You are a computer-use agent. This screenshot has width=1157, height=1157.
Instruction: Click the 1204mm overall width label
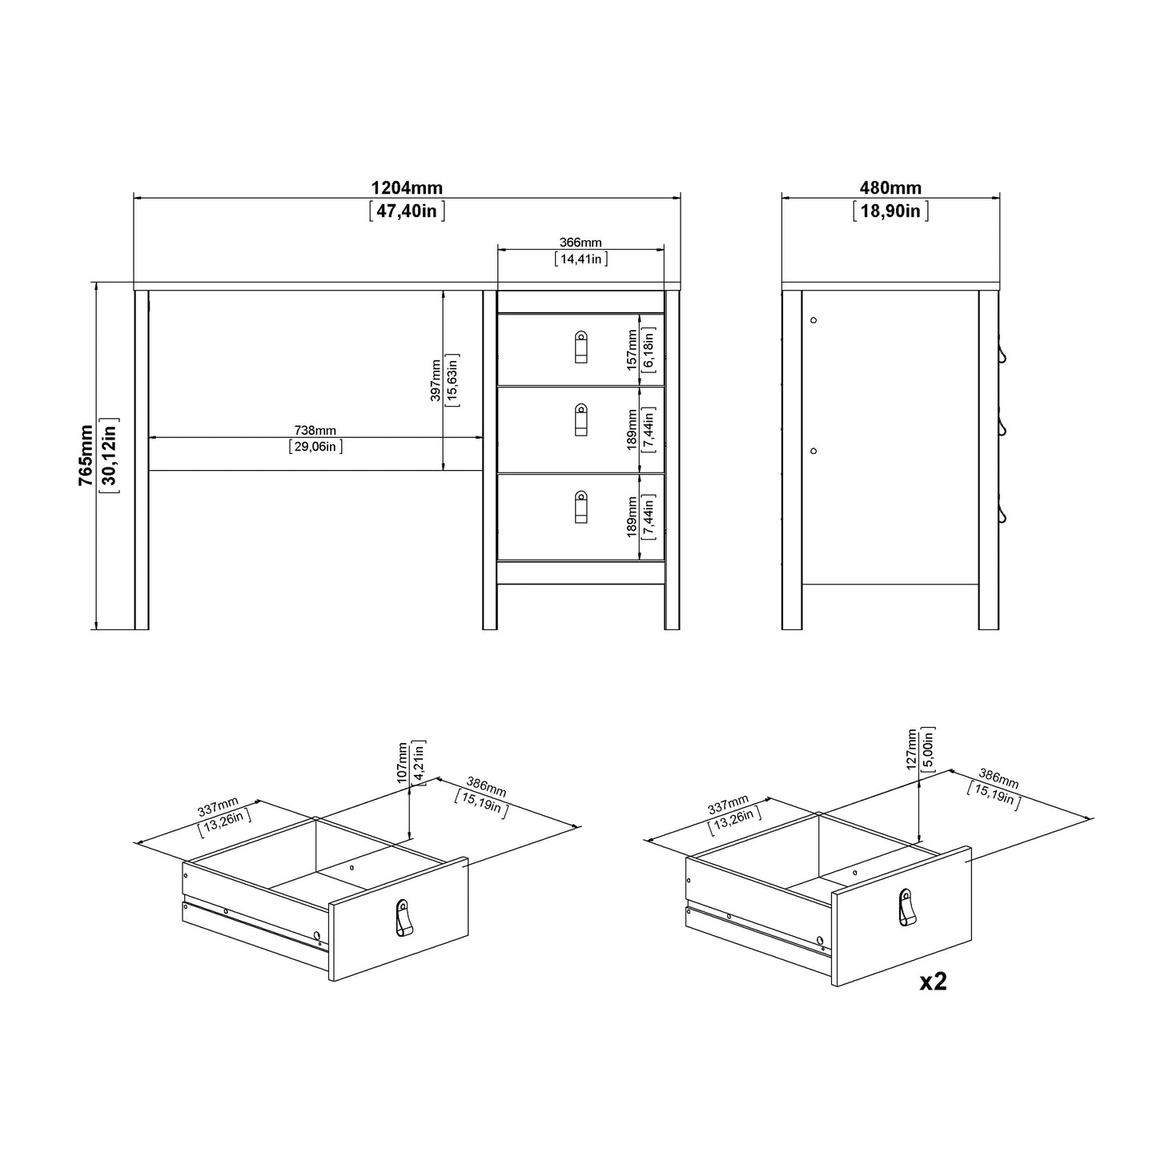pyautogui.click(x=406, y=188)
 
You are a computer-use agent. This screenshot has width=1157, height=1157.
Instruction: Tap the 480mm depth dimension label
pyautogui.click(x=890, y=188)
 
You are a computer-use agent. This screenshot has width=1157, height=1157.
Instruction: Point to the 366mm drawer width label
pyautogui.click(x=581, y=243)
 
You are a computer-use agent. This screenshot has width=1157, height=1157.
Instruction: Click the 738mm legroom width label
pyautogui.click(x=315, y=431)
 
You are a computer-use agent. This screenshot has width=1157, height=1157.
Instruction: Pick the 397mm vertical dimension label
pyautogui.click(x=435, y=380)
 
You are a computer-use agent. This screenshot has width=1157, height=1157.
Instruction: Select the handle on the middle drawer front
pyautogui.click(x=581, y=420)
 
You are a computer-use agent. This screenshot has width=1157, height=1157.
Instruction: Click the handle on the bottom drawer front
pyautogui.click(x=581, y=508)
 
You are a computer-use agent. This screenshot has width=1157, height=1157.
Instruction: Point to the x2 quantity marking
pyautogui.click(x=933, y=982)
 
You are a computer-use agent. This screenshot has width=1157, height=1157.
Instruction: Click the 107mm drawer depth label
pyautogui.click(x=403, y=761)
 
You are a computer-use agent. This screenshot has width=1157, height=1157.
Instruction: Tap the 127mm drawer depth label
pyautogui.click(x=912, y=749)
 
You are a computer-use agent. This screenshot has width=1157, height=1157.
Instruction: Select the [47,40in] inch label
pyautogui.click(x=406, y=211)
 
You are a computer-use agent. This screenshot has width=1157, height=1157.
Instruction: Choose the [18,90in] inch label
pyautogui.click(x=890, y=211)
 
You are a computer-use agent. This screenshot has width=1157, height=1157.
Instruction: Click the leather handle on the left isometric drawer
pyautogui.click(x=405, y=917)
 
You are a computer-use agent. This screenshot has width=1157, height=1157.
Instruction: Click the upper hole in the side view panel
pyautogui.click(x=814, y=320)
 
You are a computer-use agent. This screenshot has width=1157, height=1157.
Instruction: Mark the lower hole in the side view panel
pyautogui.click(x=814, y=451)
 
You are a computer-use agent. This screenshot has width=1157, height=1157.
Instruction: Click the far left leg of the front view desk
pyautogui.click(x=142, y=460)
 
